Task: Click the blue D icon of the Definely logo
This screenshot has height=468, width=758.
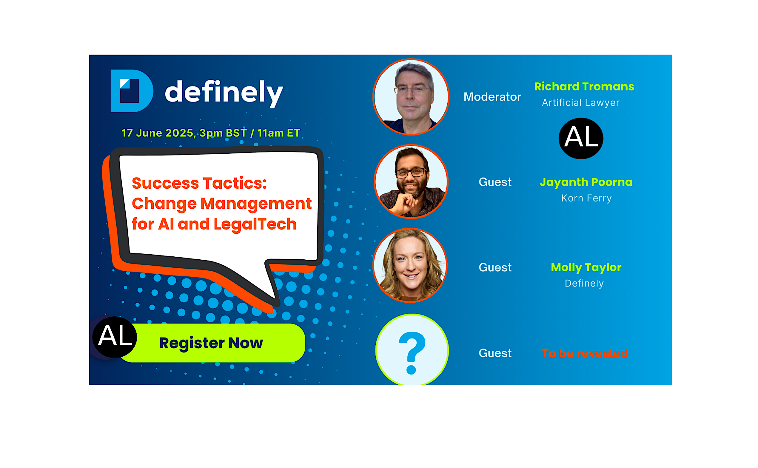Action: click(x=132, y=91)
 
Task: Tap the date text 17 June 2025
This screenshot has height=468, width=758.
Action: click(x=158, y=133)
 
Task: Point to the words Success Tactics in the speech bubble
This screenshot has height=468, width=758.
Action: click(x=199, y=183)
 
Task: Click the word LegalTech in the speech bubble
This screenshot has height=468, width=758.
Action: click(x=255, y=224)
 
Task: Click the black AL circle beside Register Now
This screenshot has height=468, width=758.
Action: click(x=115, y=337)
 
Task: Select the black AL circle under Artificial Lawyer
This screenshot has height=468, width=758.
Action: click(x=581, y=138)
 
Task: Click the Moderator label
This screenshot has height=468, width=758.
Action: click(x=492, y=97)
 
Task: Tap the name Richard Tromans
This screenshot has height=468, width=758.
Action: click(x=584, y=86)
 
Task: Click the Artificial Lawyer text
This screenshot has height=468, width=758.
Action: click(x=581, y=102)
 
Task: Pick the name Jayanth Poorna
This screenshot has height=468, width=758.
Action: click(x=586, y=182)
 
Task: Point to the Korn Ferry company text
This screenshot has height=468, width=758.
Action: click(x=586, y=198)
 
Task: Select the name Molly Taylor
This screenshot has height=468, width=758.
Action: click(x=586, y=267)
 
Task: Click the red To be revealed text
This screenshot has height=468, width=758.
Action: click(x=584, y=353)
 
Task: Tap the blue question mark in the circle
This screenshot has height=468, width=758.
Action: click(x=412, y=353)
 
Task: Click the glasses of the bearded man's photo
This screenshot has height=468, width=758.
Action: click(x=411, y=173)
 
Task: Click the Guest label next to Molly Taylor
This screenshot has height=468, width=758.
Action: click(x=495, y=267)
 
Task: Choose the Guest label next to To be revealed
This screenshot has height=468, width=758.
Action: click(x=495, y=353)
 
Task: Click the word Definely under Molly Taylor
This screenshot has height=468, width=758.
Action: click(x=584, y=284)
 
